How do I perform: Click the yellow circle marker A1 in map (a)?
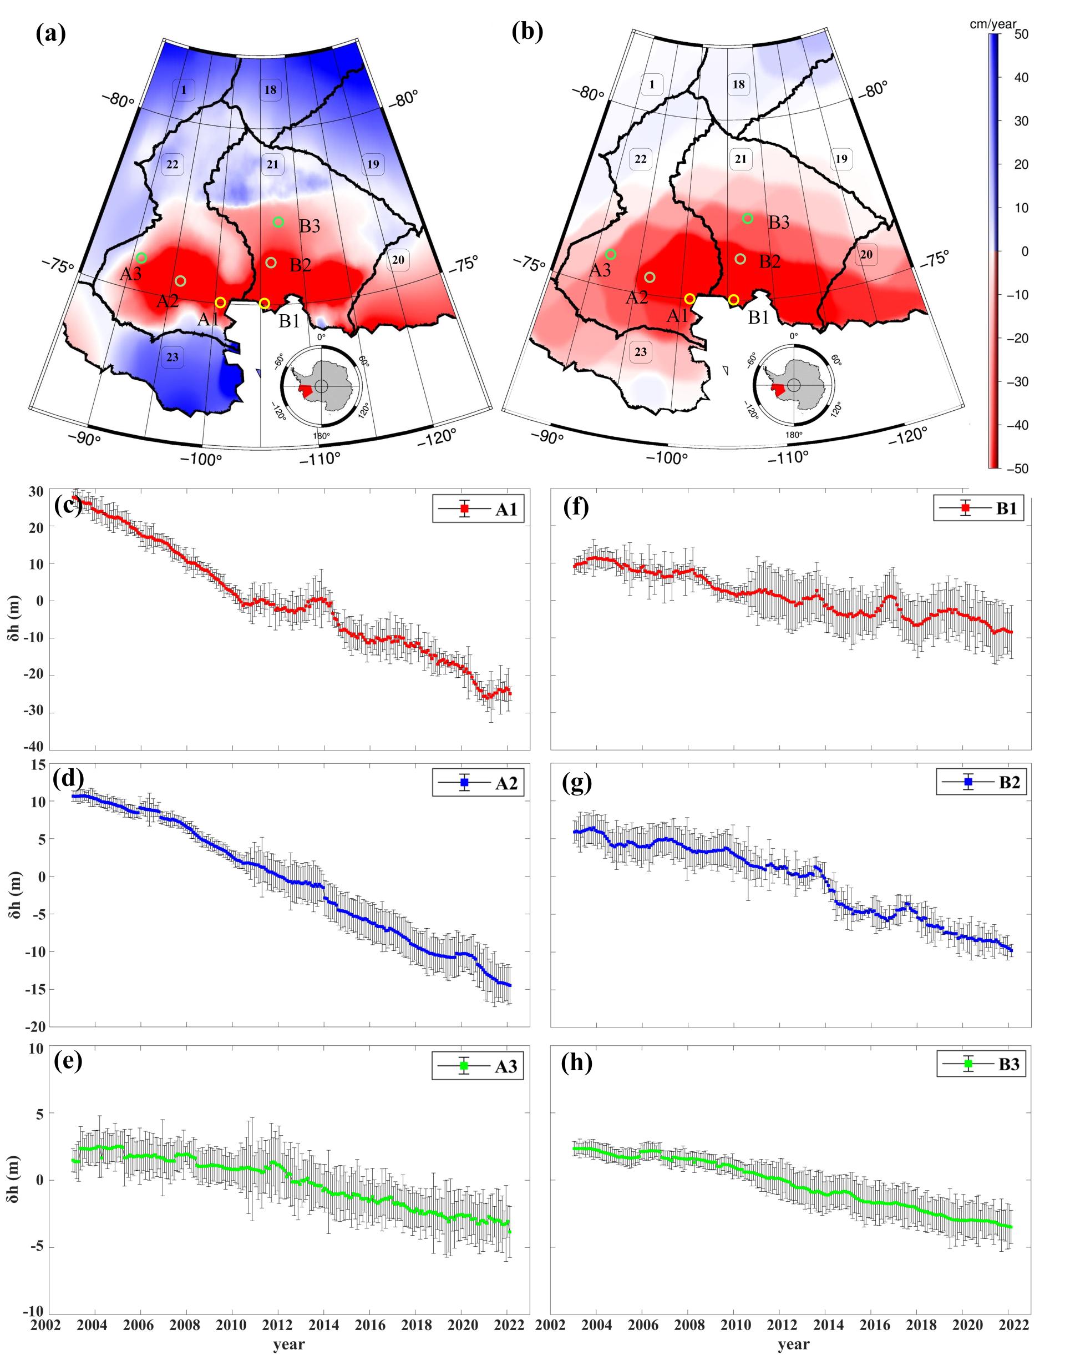coord(220,303)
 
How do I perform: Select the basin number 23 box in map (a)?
coord(173,357)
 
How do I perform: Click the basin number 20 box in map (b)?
coord(866,255)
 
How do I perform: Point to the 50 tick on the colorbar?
coord(1021,34)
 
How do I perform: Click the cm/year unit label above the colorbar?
coord(993,24)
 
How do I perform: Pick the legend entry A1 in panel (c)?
coord(478,510)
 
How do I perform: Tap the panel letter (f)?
coord(577,507)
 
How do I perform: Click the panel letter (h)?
coord(577,1062)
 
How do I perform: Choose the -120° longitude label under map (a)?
coord(436,437)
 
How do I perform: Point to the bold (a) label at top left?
coord(51,33)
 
